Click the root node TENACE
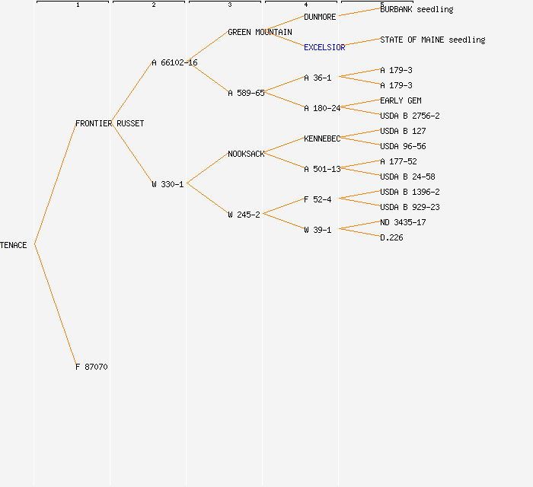click(x=14, y=245)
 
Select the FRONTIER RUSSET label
click(x=110, y=123)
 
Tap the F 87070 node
click(x=91, y=367)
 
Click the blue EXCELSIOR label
click(x=324, y=47)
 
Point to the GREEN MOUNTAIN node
click(x=260, y=32)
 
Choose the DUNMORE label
click(x=320, y=17)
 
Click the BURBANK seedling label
click(x=417, y=9)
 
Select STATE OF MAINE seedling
click(x=432, y=40)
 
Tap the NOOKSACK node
click(x=246, y=154)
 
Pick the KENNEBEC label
click(x=322, y=138)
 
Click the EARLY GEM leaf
click(x=401, y=100)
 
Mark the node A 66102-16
click(x=174, y=62)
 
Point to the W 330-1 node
click(x=168, y=184)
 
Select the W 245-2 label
click(x=244, y=215)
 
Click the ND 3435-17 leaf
click(x=403, y=222)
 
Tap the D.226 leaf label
click(x=391, y=237)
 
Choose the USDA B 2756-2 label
click(x=410, y=116)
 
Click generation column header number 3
click(x=229, y=5)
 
